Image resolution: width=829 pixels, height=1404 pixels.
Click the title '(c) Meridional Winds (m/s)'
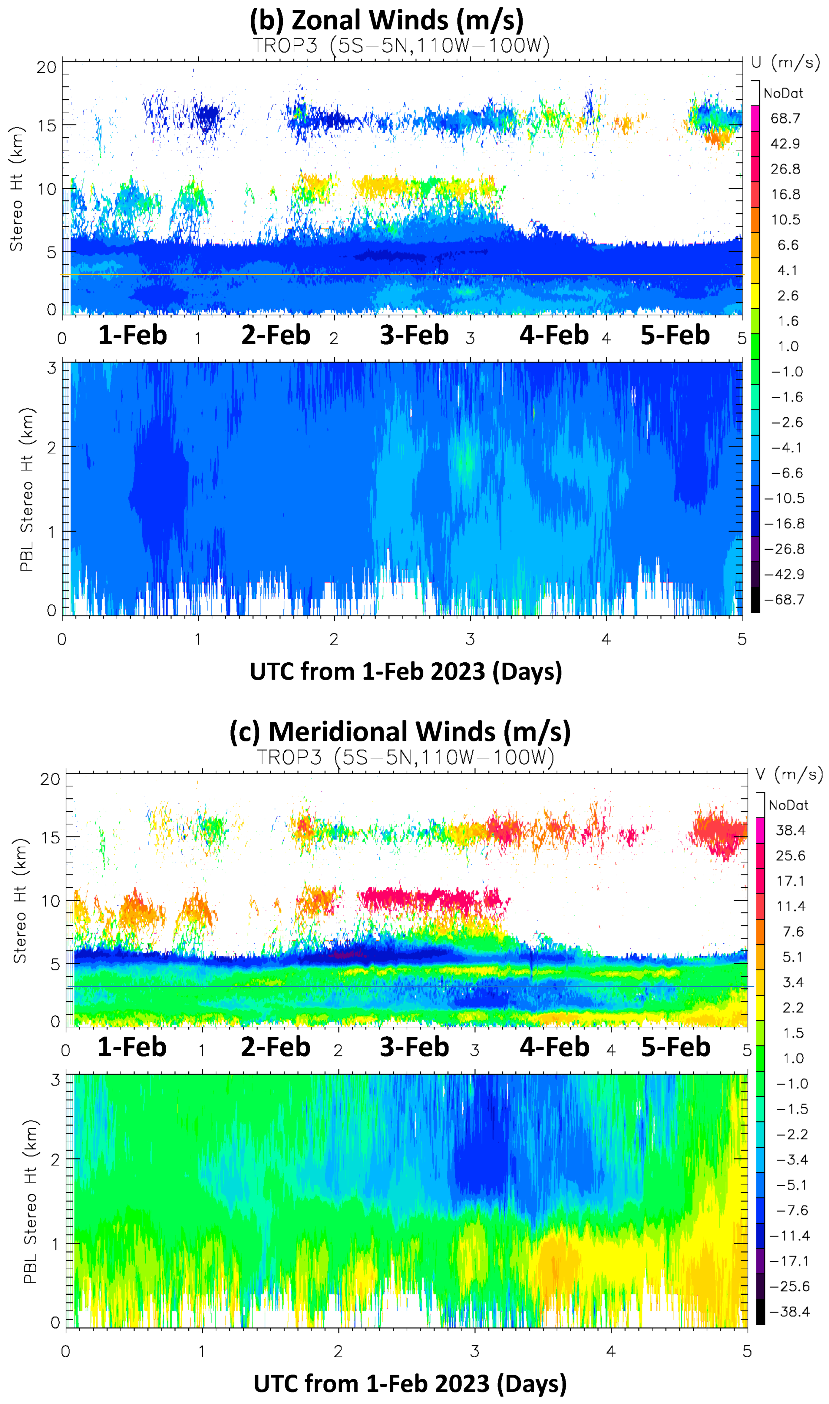[400, 732]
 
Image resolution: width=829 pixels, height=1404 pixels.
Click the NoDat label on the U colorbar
[783, 93]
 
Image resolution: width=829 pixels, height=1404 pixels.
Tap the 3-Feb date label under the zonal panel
[414, 335]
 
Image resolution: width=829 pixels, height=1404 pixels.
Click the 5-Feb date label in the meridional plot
[675, 1047]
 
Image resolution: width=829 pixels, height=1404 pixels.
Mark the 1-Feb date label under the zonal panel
[132, 335]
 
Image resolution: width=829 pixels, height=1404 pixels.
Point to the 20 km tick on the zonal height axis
[46, 68]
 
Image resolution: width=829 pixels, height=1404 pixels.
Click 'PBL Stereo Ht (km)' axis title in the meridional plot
[30, 1201]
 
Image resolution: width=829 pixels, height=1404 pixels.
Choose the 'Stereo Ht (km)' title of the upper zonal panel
[16, 189]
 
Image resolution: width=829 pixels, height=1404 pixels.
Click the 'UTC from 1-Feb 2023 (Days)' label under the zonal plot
[405, 671]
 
